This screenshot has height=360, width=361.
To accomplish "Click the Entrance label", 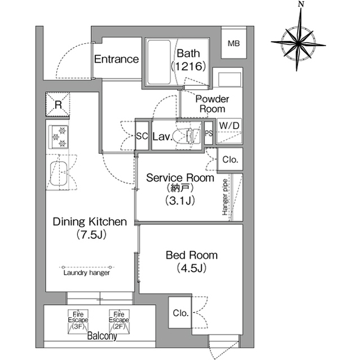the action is click(x=117, y=59).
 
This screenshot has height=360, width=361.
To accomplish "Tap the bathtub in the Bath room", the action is click(x=159, y=63).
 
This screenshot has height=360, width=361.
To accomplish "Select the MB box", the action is click(x=234, y=43).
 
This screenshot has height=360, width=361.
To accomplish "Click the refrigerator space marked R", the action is click(x=58, y=104).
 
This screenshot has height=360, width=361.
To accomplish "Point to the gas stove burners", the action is click(x=59, y=137).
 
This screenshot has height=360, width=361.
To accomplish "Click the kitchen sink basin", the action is click(x=59, y=174).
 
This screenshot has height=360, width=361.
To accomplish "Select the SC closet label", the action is click(x=142, y=136).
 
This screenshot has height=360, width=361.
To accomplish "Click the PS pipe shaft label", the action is click(x=209, y=134).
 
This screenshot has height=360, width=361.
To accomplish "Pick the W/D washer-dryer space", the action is click(x=230, y=131).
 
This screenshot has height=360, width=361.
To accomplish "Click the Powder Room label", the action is click(x=212, y=104).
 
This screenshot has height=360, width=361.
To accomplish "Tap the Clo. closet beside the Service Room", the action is click(x=230, y=159).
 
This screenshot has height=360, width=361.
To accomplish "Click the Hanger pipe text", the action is click(x=225, y=197).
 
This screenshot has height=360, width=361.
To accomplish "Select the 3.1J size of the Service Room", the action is click(x=180, y=201).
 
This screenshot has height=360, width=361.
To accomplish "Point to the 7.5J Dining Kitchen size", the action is click(x=91, y=234).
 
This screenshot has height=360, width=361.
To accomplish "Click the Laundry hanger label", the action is click(x=86, y=273).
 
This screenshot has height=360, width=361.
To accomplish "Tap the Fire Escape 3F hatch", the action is click(x=78, y=321).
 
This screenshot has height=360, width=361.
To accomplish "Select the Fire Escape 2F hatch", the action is click(x=119, y=321).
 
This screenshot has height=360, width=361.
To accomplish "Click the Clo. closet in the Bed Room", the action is click(x=180, y=313).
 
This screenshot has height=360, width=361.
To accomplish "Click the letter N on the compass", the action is click(x=300, y=5).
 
